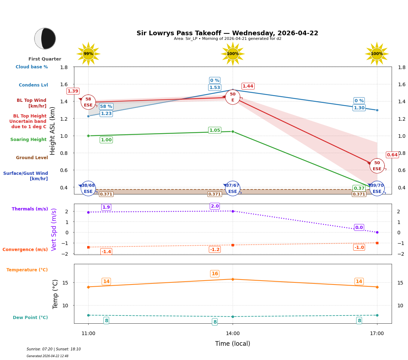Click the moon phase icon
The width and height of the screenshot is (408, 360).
45,38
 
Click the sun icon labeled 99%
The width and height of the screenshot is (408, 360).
88,54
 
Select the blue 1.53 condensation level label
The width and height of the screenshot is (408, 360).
214,88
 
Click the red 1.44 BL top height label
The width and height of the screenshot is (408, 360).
248,86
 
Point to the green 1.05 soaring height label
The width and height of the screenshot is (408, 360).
214,130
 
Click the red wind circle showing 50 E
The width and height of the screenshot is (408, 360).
233,97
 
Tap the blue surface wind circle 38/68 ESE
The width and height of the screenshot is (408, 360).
88,188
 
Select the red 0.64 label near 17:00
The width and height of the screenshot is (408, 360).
392,155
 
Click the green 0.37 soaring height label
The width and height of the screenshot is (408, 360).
359,188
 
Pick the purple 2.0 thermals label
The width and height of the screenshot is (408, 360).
214,206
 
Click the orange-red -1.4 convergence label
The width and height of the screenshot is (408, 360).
106,252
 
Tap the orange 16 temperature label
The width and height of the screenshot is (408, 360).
214,274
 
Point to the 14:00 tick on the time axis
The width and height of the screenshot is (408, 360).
233,334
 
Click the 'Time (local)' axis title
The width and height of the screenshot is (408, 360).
233,344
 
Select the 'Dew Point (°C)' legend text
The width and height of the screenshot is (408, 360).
30,318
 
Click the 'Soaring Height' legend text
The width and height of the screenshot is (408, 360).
28,140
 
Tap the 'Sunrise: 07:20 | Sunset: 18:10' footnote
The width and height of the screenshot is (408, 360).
54,349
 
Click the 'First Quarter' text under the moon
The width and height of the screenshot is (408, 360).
45,59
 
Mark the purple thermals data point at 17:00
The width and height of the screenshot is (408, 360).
377,232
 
